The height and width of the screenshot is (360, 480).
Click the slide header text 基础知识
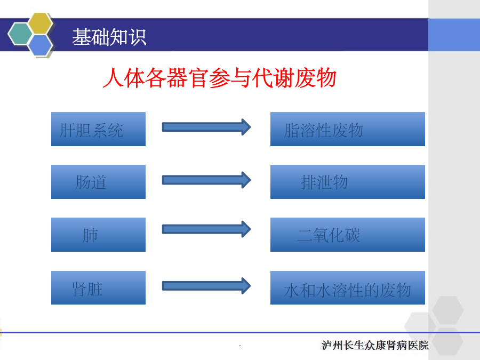coord(109,37)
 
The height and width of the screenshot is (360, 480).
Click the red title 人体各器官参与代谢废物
coord(220,78)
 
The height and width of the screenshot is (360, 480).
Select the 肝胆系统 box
coord(98,129)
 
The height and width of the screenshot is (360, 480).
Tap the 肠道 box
coord(98,182)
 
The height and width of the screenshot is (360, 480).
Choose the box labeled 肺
coord(98,235)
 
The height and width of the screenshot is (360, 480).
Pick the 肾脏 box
coord(98,288)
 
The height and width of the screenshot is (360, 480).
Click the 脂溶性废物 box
coord(347,129)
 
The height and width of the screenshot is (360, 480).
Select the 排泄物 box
coord(347,182)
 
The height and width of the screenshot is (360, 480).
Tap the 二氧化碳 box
coord(347,235)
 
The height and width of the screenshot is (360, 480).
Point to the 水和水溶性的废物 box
coord(347,288)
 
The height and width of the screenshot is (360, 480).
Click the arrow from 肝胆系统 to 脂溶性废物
coord(206,127)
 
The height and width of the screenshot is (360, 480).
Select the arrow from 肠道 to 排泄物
coord(206,180)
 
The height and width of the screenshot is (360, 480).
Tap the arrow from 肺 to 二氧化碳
coord(206,229)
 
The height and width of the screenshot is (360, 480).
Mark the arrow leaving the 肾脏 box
coord(206,286)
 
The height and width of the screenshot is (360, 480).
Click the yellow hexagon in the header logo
coord(41,23)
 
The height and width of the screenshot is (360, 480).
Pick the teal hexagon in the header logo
coord(20,34)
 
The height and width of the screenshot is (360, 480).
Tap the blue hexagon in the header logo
coord(41,45)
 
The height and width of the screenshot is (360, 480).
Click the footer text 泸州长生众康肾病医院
coord(375,345)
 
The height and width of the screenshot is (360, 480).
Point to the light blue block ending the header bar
coord(454,35)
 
